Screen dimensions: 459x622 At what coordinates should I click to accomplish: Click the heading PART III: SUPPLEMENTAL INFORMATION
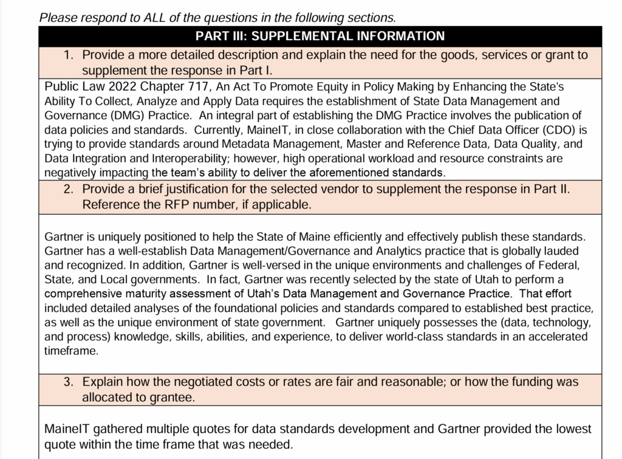tap(320, 36)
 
